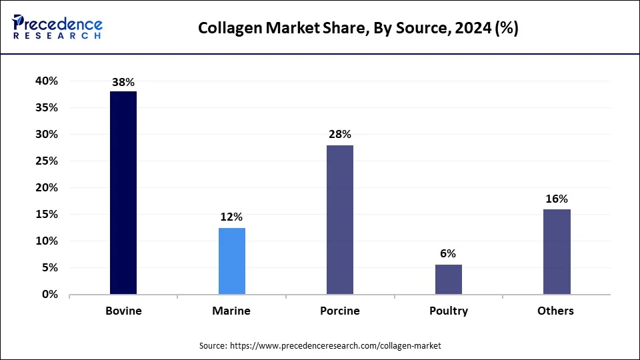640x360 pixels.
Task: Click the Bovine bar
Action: click(123, 193)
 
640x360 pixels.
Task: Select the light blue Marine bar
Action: click(231, 261)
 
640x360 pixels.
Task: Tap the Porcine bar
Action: click(340, 219)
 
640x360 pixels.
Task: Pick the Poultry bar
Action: click(448, 279)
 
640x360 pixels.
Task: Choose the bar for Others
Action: click(557, 251)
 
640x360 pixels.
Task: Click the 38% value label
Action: click(123, 82)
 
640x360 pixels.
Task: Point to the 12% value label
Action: click(231, 217)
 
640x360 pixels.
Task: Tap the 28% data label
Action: click(340, 135)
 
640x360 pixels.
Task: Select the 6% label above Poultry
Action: click(448, 253)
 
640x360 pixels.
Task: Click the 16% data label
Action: click(557, 199)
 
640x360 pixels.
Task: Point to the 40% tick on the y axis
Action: click(47, 81)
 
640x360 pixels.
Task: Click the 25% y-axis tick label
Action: click(47, 161)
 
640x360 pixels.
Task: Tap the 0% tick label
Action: click(49, 295)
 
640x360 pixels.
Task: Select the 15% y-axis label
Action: click(47, 215)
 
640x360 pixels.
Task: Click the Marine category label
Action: click(231, 311)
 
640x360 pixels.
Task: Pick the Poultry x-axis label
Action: click(448, 311)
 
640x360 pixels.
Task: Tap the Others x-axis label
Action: click(557, 311)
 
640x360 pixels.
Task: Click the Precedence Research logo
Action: click(57, 27)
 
